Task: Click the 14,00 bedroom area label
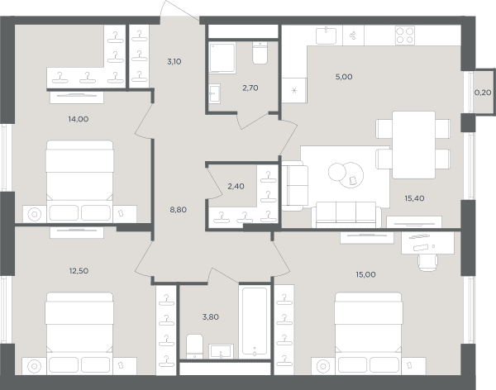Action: (79, 119)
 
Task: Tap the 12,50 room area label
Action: (79, 271)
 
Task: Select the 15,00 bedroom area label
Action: (365, 274)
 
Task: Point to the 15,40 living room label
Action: (414, 198)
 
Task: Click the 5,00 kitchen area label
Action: (344, 77)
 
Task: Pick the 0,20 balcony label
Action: (483, 93)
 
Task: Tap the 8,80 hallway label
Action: (178, 210)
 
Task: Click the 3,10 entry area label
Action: (174, 61)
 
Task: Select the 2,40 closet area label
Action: (236, 186)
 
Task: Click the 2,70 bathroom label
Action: (250, 88)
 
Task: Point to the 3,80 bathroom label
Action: (210, 317)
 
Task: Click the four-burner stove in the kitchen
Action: (405, 35)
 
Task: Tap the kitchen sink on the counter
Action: (327, 35)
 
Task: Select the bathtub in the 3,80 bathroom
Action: (255, 321)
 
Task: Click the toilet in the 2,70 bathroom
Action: (260, 53)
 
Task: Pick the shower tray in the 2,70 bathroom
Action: (222, 58)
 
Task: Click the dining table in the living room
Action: (414, 145)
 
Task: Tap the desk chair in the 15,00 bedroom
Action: (427, 263)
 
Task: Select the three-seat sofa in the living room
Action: (346, 215)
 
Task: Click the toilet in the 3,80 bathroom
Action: (194, 346)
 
